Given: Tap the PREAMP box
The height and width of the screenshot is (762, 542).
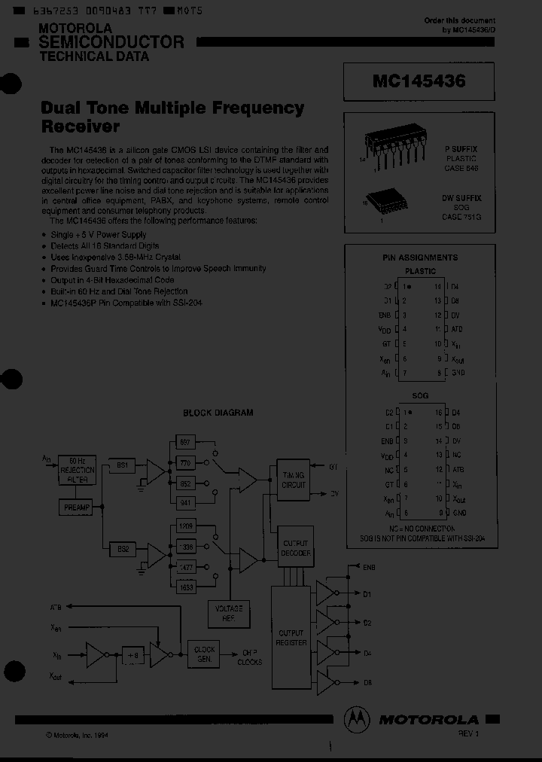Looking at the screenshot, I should pyautogui.click(x=76, y=508).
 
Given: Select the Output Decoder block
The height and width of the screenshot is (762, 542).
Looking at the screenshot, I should pyautogui.click(x=295, y=547).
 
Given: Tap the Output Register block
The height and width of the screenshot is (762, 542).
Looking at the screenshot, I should pyautogui.click(x=292, y=638).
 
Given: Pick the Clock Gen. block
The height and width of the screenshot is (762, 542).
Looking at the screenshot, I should pyautogui.click(x=204, y=654).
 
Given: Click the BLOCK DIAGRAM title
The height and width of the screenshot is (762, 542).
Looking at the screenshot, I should pyautogui.click(x=218, y=413).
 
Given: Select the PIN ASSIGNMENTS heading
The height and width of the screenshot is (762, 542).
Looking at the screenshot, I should pyautogui.click(x=420, y=258).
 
